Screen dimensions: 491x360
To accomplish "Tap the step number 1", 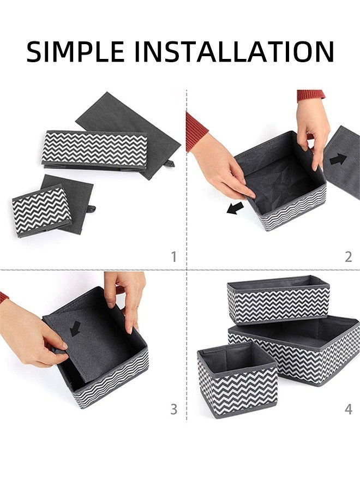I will (x=174, y=256).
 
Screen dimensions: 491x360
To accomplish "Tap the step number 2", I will (x=348, y=256).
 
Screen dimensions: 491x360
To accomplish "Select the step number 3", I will (x=174, y=409).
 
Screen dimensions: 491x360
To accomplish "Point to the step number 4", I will (x=348, y=409).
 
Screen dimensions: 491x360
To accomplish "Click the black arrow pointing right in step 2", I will (x=338, y=159).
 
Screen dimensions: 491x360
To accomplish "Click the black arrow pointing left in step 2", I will (x=236, y=208).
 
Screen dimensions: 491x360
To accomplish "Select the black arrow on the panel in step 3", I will (x=75, y=328).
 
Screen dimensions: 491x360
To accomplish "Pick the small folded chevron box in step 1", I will (x=41, y=210).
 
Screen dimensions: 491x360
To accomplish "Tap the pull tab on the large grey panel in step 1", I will (x=170, y=163).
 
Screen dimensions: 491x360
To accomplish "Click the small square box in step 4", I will (x=237, y=382).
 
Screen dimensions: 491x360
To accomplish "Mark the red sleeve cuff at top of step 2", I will (x=311, y=95).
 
